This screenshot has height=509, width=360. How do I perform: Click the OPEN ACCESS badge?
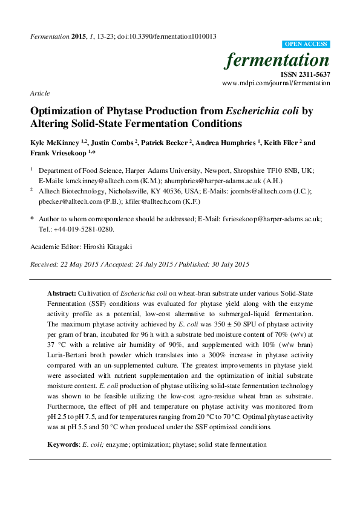click(x=306, y=44)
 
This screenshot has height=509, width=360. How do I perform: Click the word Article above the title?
click(x=39, y=93)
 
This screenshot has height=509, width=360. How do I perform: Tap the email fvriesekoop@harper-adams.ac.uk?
click(x=270, y=221)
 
